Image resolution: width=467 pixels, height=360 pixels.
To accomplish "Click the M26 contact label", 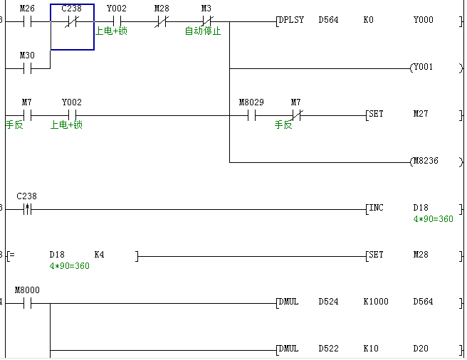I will (27, 8).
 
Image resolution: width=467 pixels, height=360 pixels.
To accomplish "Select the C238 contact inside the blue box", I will (72, 22).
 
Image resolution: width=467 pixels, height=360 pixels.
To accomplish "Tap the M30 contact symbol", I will (27, 68).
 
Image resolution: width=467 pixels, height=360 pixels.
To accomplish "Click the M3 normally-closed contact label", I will (206, 8).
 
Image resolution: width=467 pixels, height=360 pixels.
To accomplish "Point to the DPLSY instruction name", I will (292, 20).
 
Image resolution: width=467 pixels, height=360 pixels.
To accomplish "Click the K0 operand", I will (368, 20).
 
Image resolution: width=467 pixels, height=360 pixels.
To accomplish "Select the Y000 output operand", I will (423, 20).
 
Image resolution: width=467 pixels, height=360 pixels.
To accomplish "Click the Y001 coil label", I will (423, 68).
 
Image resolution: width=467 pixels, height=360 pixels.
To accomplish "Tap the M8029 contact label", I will (251, 102).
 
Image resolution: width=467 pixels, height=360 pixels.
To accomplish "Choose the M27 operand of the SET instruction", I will (421, 114).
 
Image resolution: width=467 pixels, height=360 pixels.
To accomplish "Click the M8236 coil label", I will (426, 161).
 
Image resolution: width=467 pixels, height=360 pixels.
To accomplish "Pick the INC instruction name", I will (376, 208).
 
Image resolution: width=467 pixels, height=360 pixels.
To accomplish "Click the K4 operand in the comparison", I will (99, 254).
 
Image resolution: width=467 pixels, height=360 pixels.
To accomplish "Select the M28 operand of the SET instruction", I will (421, 255).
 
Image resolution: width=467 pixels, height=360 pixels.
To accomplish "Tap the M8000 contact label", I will (27, 290).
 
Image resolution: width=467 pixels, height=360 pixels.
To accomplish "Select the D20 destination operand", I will (421, 349).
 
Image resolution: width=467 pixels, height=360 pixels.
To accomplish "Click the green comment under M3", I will (203, 31).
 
